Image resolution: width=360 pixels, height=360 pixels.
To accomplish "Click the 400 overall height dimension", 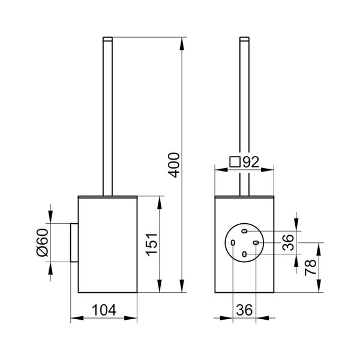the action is [174, 165].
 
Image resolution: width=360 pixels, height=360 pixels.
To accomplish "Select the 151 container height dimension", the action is [152, 244].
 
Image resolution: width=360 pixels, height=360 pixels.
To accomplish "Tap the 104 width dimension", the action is [104, 310].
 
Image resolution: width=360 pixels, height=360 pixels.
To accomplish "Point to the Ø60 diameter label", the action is [43, 242].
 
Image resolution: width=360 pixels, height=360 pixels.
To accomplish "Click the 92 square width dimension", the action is [251, 162].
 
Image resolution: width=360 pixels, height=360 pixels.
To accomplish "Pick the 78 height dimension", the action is [310, 268].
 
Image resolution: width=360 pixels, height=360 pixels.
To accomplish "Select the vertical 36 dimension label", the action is [289, 242].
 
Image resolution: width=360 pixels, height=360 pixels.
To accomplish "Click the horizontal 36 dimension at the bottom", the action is [244, 310].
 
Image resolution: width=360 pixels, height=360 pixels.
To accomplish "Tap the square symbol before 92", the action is [235, 161].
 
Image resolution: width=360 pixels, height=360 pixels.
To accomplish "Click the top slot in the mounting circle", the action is [245, 231].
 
